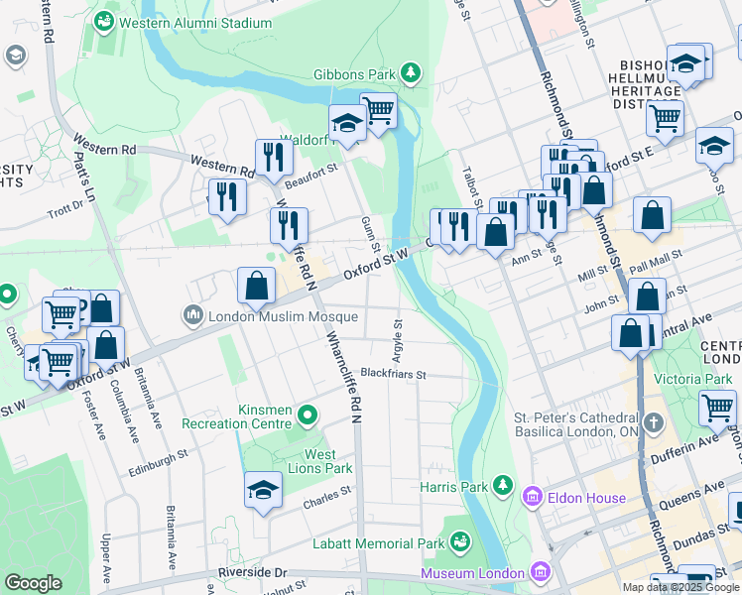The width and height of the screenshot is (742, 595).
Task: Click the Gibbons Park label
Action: (352, 74)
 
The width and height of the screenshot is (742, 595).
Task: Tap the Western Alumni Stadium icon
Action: (103, 21)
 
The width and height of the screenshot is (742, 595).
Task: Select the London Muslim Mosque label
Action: (282, 317)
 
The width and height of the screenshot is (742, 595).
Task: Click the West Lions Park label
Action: (327, 461)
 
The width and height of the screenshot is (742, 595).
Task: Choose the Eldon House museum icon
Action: (533, 497)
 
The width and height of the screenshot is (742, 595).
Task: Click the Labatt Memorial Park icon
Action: (459, 541)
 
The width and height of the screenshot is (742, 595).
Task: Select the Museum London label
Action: (471, 573)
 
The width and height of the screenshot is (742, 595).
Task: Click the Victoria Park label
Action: (690, 378)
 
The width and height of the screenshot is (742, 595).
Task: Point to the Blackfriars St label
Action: (393, 375)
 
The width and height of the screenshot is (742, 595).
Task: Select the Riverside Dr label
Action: (252, 573)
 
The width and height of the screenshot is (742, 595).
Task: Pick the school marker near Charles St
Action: (263, 490)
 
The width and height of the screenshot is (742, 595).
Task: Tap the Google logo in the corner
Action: (33, 583)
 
